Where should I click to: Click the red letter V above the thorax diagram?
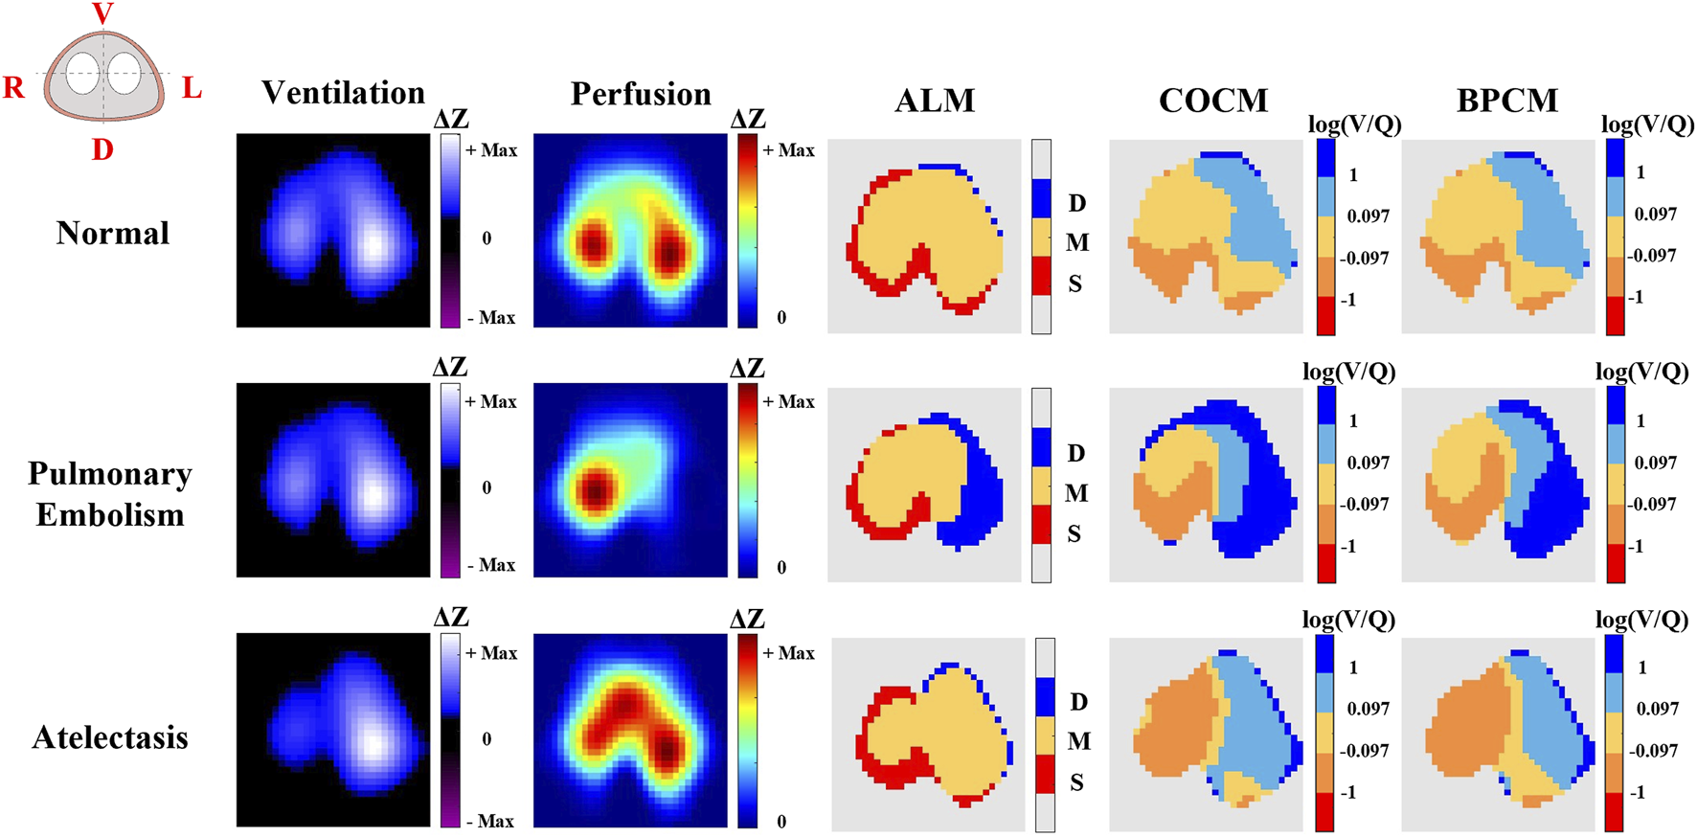click(102, 13)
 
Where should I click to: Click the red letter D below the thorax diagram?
click(102, 149)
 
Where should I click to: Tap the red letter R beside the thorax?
click(13, 88)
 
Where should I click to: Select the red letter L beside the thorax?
click(192, 88)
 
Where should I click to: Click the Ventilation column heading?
click(343, 93)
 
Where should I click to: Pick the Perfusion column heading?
click(641, 94)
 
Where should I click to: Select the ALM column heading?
click(935, 101)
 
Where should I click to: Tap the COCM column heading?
click(1212, 101)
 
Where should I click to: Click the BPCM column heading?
click(1506, 101)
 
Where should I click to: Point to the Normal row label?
click(113, 233)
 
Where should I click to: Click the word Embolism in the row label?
click(110, 515)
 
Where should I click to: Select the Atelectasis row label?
click(110, 737)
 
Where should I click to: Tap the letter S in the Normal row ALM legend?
click(1075, 284)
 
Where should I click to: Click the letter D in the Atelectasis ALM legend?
click(1078, 702)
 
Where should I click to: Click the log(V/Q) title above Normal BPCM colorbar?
click(1646, 124)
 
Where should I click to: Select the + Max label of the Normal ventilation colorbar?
click(491, 150)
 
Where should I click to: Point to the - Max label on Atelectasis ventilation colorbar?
click(490, 821)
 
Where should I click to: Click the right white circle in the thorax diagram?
click(124, 74)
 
